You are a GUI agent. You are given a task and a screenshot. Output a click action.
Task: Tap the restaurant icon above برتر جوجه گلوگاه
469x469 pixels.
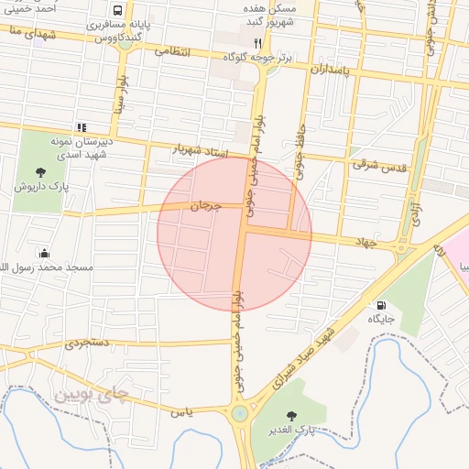257,43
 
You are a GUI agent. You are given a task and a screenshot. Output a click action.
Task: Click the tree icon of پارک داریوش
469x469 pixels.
40,171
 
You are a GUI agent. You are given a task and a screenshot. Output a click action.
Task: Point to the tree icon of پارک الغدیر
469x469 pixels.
293,414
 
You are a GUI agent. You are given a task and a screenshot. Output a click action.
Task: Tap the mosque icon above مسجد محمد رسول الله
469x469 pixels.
43,253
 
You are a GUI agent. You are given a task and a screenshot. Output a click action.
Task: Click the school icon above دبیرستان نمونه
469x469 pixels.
81,127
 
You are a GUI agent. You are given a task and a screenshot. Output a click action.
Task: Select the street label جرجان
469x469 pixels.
205,207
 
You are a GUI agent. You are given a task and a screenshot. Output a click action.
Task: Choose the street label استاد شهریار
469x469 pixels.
199,148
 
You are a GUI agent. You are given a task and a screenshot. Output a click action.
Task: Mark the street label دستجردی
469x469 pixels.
88,344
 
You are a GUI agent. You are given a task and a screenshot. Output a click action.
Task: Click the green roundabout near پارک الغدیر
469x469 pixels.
240,413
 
